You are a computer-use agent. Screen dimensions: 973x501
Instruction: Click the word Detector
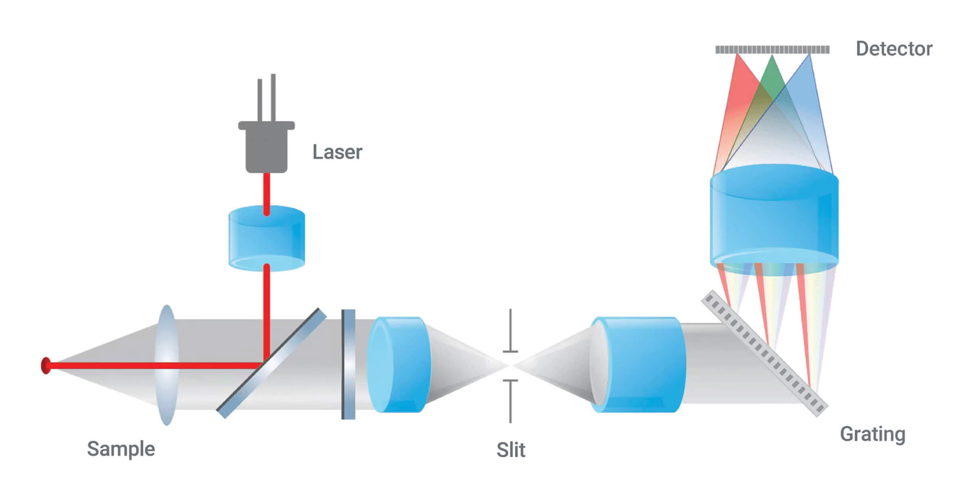tap(894, 49)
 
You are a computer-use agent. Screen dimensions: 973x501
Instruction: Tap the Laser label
tap(337, 152)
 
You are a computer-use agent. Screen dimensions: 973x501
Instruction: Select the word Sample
tap(121, 449)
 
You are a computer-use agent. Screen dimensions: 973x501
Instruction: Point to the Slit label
tap(511, 450)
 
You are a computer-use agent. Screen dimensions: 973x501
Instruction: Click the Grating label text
tap(873, 435)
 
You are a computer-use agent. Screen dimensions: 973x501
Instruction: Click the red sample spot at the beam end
tap(46, 365)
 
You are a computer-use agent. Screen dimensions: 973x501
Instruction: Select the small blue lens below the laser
tap(267, 238)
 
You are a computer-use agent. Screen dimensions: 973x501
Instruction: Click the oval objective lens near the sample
tap(167, 365)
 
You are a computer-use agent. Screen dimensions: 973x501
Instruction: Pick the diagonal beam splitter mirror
tap(271, 363)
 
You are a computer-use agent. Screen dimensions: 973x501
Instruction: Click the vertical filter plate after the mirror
tap(349, 364)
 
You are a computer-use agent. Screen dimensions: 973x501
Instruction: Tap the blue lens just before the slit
tap(399, 365)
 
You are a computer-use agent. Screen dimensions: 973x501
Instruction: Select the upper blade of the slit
tap(511, 331)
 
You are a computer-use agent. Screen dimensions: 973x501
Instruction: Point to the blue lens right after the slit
tap(637, 365)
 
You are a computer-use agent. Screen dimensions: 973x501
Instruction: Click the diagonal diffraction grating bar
tap(765, 353)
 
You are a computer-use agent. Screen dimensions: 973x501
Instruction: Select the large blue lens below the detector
tap(774, 220)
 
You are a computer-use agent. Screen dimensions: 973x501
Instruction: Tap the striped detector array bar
tap(773, 50)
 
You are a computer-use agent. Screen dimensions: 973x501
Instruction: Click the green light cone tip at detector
tap(772, 56)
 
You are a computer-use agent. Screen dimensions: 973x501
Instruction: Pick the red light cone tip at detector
tap(737, 55)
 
